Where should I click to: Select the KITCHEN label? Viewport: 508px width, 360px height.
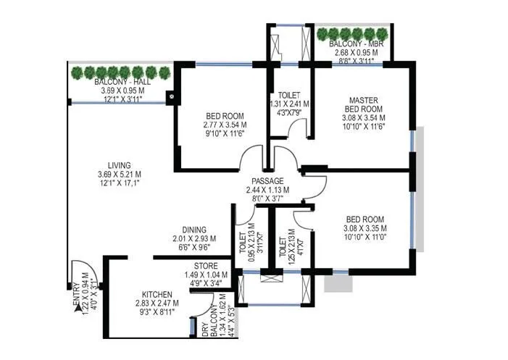(156, 294)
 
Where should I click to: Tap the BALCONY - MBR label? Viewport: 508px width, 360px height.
(352, 44)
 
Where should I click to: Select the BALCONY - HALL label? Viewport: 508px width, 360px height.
(119, 83)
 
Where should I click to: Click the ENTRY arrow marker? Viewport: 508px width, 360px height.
(77, 308)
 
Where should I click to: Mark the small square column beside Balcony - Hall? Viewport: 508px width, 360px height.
(171, 94)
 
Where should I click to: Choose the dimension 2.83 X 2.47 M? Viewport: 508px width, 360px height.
(156, 303)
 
